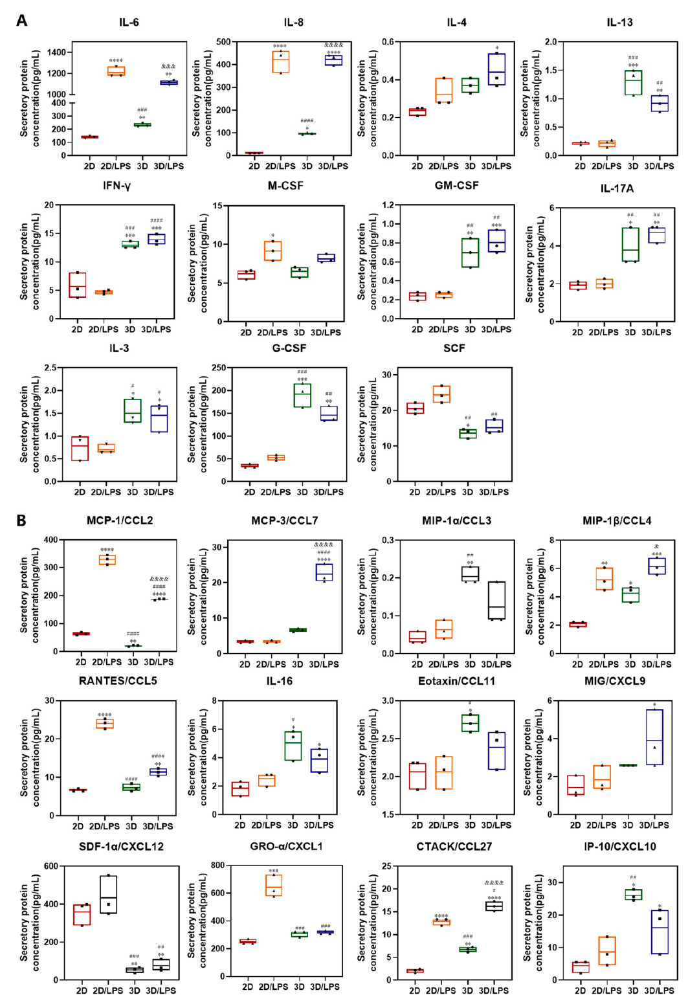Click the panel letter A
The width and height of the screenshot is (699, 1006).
click(x=21, y=21)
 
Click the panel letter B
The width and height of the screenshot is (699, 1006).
click(x=21, y=520)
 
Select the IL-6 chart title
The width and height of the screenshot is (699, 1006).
click(x=129, y=23)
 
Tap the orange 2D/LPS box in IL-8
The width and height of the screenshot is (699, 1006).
click(x=280, y=62)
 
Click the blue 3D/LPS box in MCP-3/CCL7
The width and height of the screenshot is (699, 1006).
click(x=324, y=572)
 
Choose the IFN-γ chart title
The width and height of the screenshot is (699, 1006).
click(x=116, y=186)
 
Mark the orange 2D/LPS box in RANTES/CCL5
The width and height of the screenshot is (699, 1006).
click(x=105, y=723)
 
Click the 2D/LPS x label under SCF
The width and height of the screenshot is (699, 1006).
click(x=441, y=492)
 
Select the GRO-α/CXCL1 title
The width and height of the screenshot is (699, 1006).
click(x=286, y=846)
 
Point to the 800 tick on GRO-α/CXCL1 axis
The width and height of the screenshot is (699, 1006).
click(x=219, y=866)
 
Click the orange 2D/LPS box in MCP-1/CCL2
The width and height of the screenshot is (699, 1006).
click(x=107, y=560)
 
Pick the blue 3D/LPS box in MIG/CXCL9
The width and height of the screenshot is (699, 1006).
click(x=654, y=737)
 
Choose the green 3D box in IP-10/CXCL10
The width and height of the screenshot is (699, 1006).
click(x=633, y=895)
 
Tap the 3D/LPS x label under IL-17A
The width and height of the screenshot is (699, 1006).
click(x=656, y=332)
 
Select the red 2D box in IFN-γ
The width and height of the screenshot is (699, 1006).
click(x=78, y=285)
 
